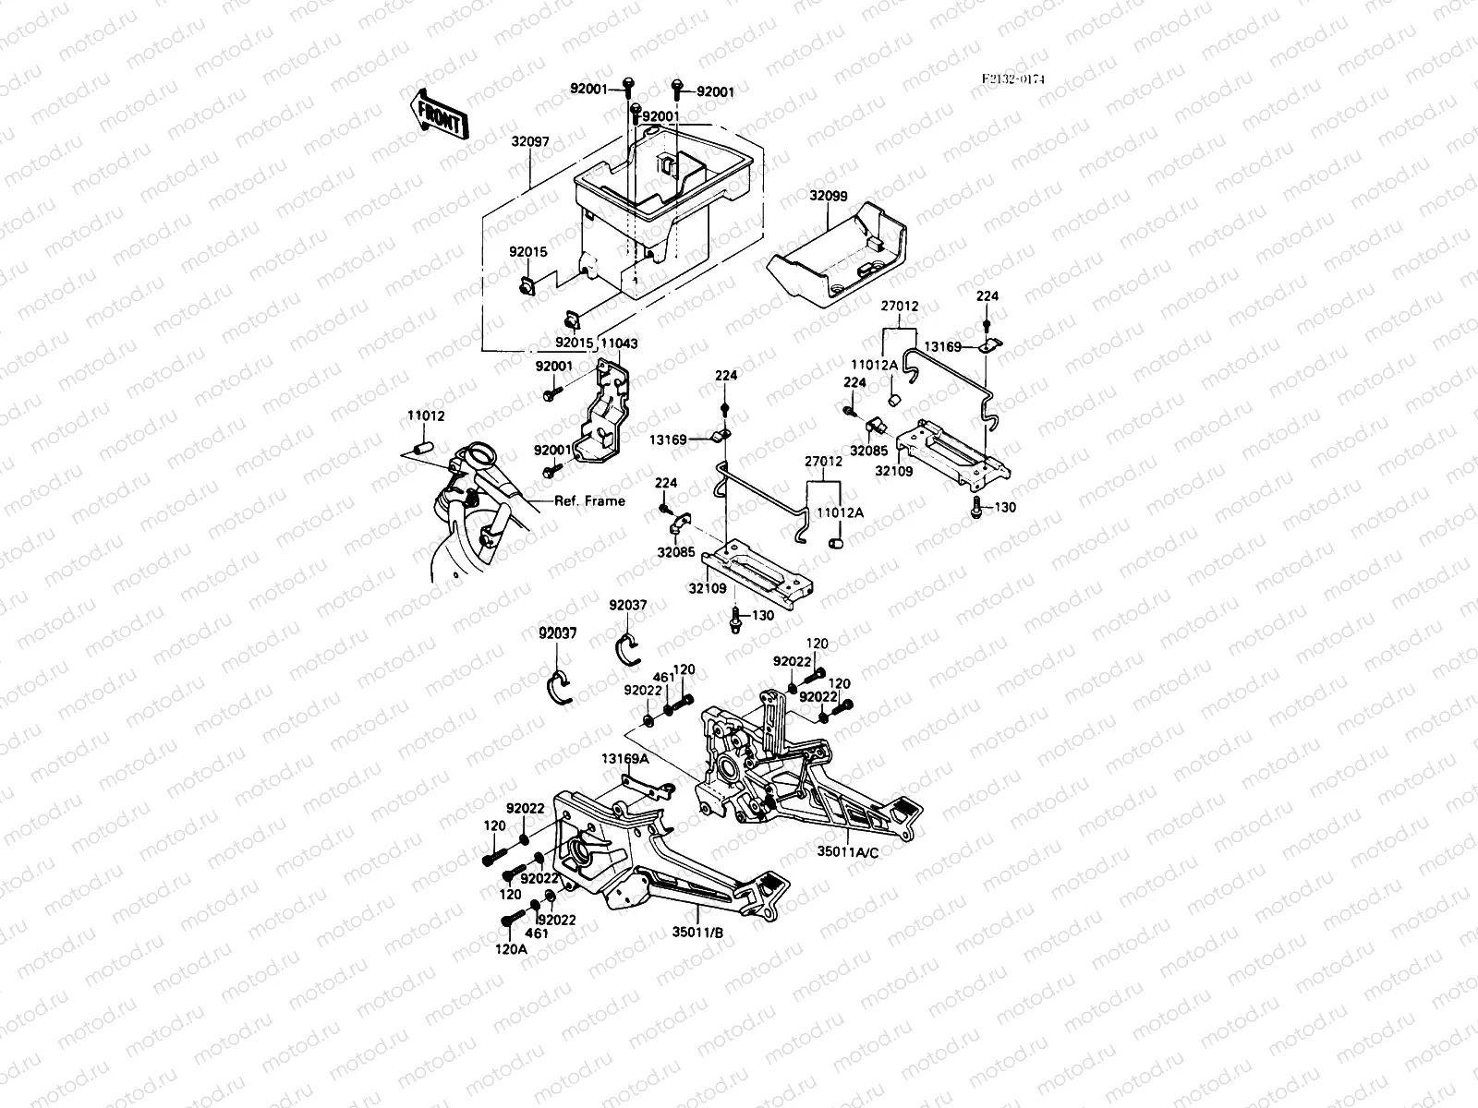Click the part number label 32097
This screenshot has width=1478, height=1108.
tap(530, 142)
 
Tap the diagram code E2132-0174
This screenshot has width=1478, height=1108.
tap(1012, 79)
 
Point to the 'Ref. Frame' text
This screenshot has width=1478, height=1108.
tap(589, 501)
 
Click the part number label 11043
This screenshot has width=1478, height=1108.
tap(619, 343)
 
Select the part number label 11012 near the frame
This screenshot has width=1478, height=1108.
tap(426, 416)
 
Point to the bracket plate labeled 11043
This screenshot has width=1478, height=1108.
tap(600, 415)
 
